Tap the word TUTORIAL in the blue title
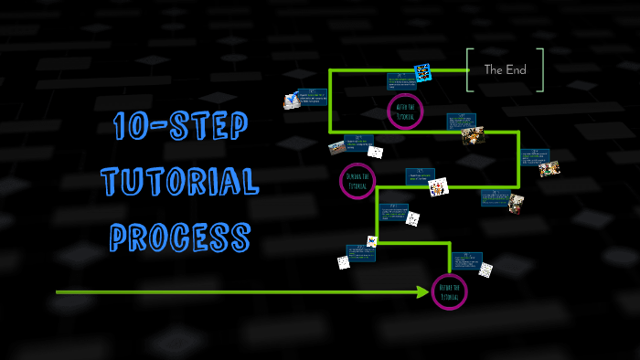[x=179, y=183]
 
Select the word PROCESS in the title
[x=179, y=237]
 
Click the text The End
[x=505, y=69]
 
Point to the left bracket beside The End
[x=469, y=69]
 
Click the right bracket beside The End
[x=540, y=69]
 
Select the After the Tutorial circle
[x=405, y=111]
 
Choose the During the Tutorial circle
[x=357, y=181]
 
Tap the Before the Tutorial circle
[x=449, y=292]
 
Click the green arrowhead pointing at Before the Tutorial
[x=422, y=292]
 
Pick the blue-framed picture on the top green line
[x=422, y=72]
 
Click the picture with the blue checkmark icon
[x=293, y=101]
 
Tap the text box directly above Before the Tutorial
[x=466, y=260]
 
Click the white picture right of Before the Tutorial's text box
[x=485, y=270]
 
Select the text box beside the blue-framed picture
[x=400, y=81]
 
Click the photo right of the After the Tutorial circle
[x=473, y=135]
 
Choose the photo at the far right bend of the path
[x=549, y=168]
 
